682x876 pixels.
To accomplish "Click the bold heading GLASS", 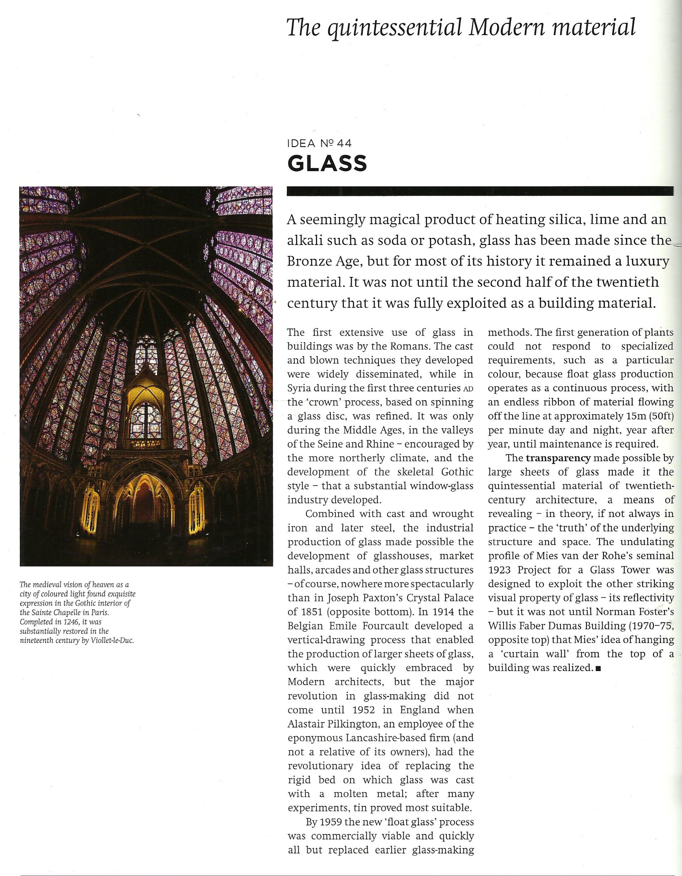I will click(x=327, y=163).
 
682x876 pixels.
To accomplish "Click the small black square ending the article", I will click(x=599, y=669).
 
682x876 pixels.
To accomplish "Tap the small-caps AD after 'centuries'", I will click(x=468, y=389).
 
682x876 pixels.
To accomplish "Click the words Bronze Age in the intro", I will click(x=325, y=261).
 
